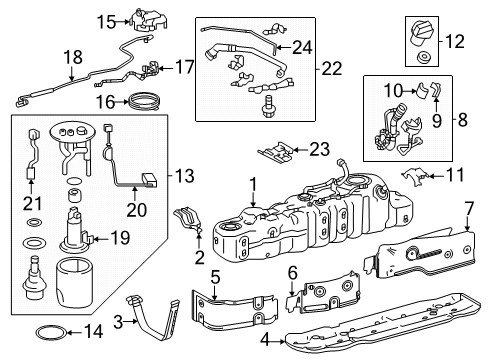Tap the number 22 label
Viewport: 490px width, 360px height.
[x=335, y=68]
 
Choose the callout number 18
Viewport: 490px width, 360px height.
[x=41, y=60]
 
